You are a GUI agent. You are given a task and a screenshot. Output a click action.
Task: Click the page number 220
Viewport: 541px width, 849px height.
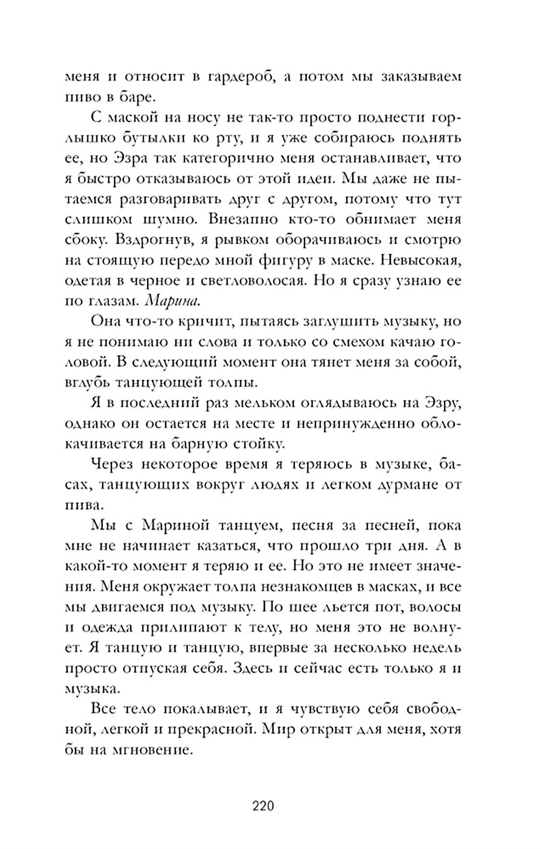point(263,807)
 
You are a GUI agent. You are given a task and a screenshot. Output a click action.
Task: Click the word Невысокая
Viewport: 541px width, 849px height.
point(420,260)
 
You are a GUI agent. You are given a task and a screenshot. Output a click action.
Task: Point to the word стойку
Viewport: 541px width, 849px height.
point(254,444)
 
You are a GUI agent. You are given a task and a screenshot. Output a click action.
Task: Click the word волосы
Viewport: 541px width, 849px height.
point(436,607)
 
